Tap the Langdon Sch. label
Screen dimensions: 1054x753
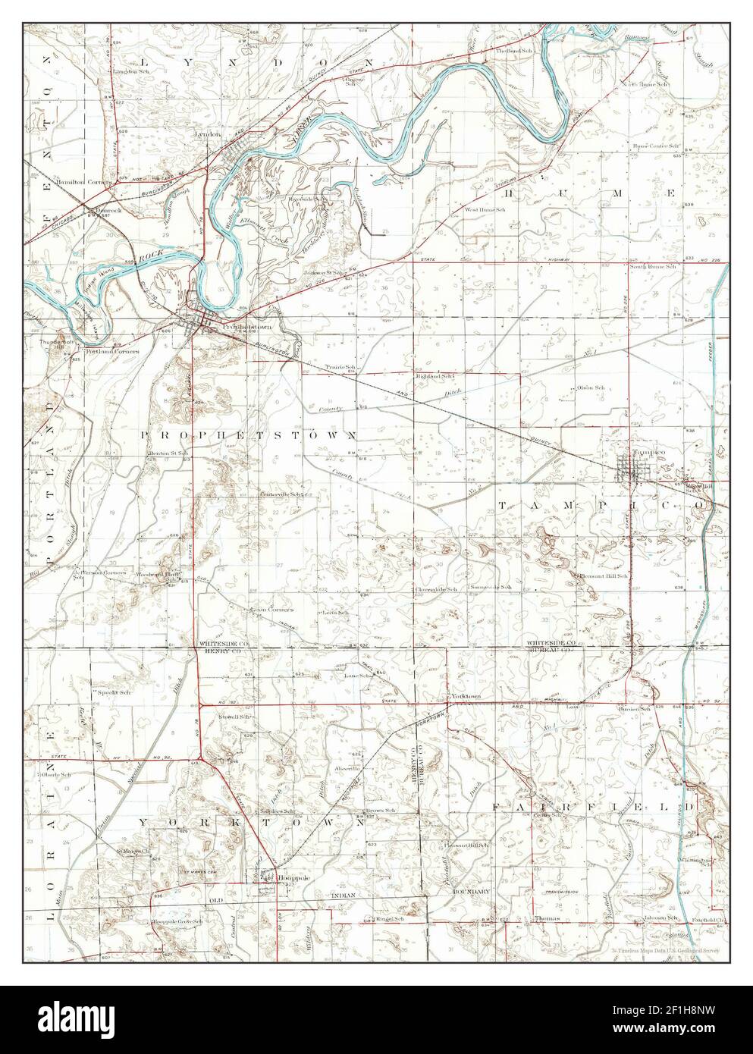129,71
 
